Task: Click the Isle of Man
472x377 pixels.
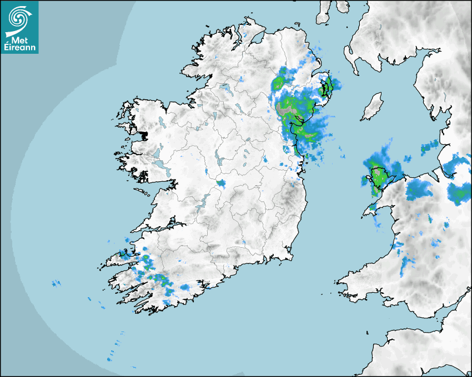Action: (373, 107)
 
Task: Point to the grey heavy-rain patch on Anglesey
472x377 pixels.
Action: (379, 177)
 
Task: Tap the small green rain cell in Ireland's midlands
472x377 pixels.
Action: (221, 182)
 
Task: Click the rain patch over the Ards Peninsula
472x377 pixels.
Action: (329, 86)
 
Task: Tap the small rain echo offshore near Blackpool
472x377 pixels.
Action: (429, 148)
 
